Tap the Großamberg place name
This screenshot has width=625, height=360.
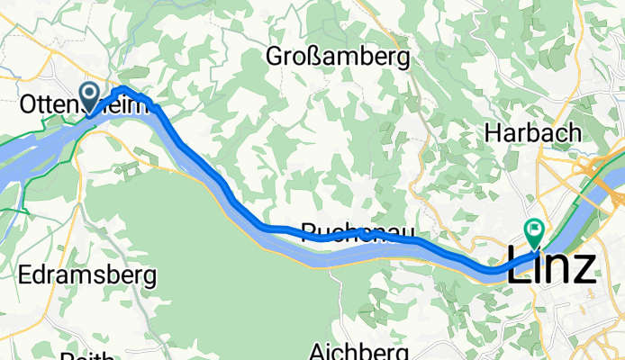[x=338, y=58]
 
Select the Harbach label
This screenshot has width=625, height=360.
[x=531, y=132]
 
